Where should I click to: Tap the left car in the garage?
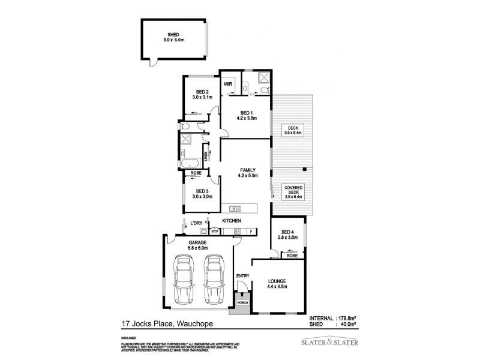pyautogui.click(x=182, y=279)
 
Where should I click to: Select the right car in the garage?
pyautogui.click(x=214, y=279)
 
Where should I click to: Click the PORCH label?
pyautogui.click(x=242, y=302)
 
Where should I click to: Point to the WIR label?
pyautogui.click(x=228, y=84)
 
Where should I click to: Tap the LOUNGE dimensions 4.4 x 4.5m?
pyautogui.click(x=277, y=287)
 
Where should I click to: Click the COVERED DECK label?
pyautogui.click(x=293, y=190)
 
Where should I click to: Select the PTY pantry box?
pyautogui.click(x=214, y=231)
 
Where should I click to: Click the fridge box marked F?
pyautogui.click(x=251, y=231)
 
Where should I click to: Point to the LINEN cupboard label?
pyautogui.click(x=205, y=157)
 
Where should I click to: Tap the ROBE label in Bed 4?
pyautogui.click(x=292, y=256)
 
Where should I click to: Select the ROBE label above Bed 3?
pyautogui.click(x=196, y=173)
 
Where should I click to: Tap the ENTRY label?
pyautogui.click(x=242, y=276)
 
